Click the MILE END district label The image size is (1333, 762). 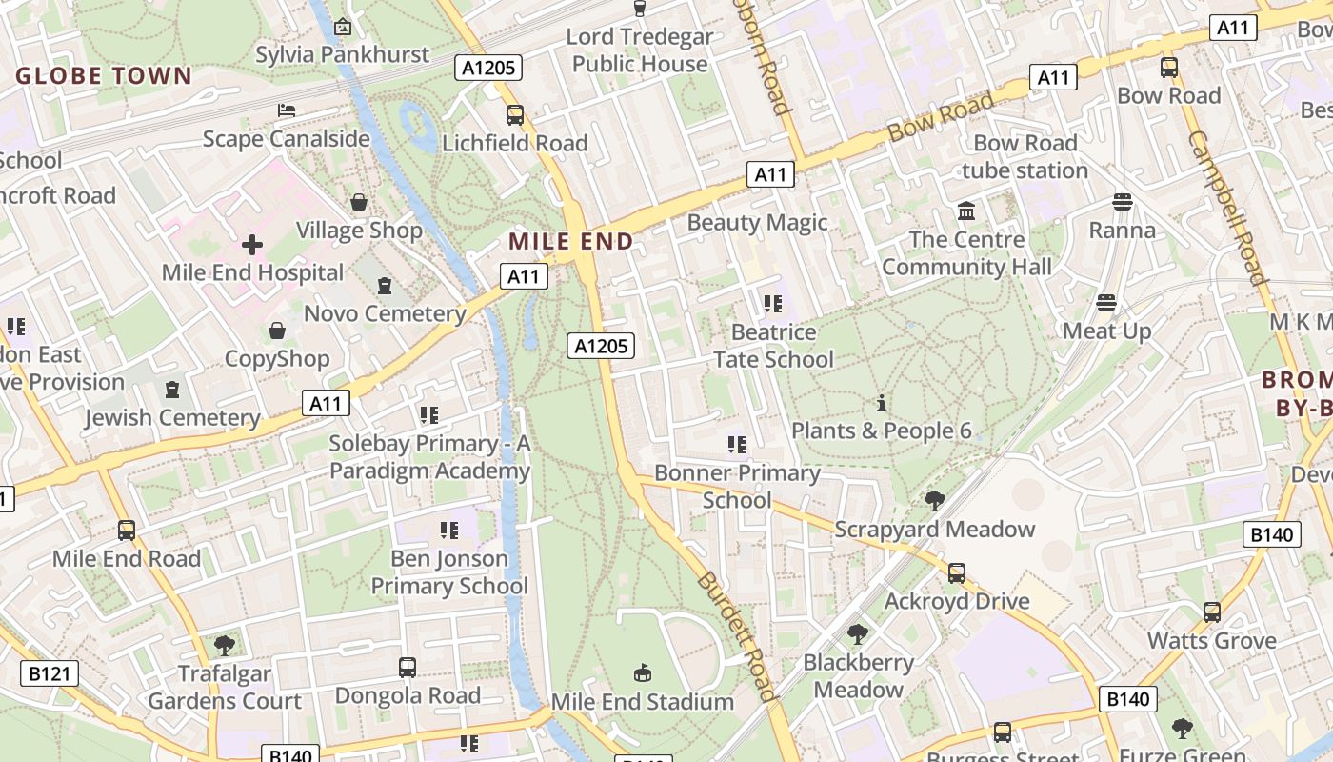[570, 241]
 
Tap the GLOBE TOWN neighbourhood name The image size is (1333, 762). [104, 76]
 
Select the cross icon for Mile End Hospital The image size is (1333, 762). [252, 246]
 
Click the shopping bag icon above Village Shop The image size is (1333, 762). [359, 202]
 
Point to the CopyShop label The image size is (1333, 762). [277, 359]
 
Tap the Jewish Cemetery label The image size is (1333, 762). [172, 417]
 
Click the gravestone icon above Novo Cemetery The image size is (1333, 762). [385, 286]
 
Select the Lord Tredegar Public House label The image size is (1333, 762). [640, 50]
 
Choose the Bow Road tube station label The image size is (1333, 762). [1025, 157]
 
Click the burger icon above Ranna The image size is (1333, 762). [1123, 202]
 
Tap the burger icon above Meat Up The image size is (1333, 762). [1106, 303]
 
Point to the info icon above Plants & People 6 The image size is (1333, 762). [882, 403]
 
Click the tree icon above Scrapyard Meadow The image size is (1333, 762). [935, 500]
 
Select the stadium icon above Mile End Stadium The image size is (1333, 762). [643, 673]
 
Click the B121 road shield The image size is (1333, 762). [50, 674]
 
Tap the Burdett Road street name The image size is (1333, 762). [732, 635]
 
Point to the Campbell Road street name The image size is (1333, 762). [1226, 207]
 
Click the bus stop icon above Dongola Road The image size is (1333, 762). [408, 668]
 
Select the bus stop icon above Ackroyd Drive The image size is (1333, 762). [957, 573]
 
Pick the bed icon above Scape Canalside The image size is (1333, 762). [286, 110]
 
